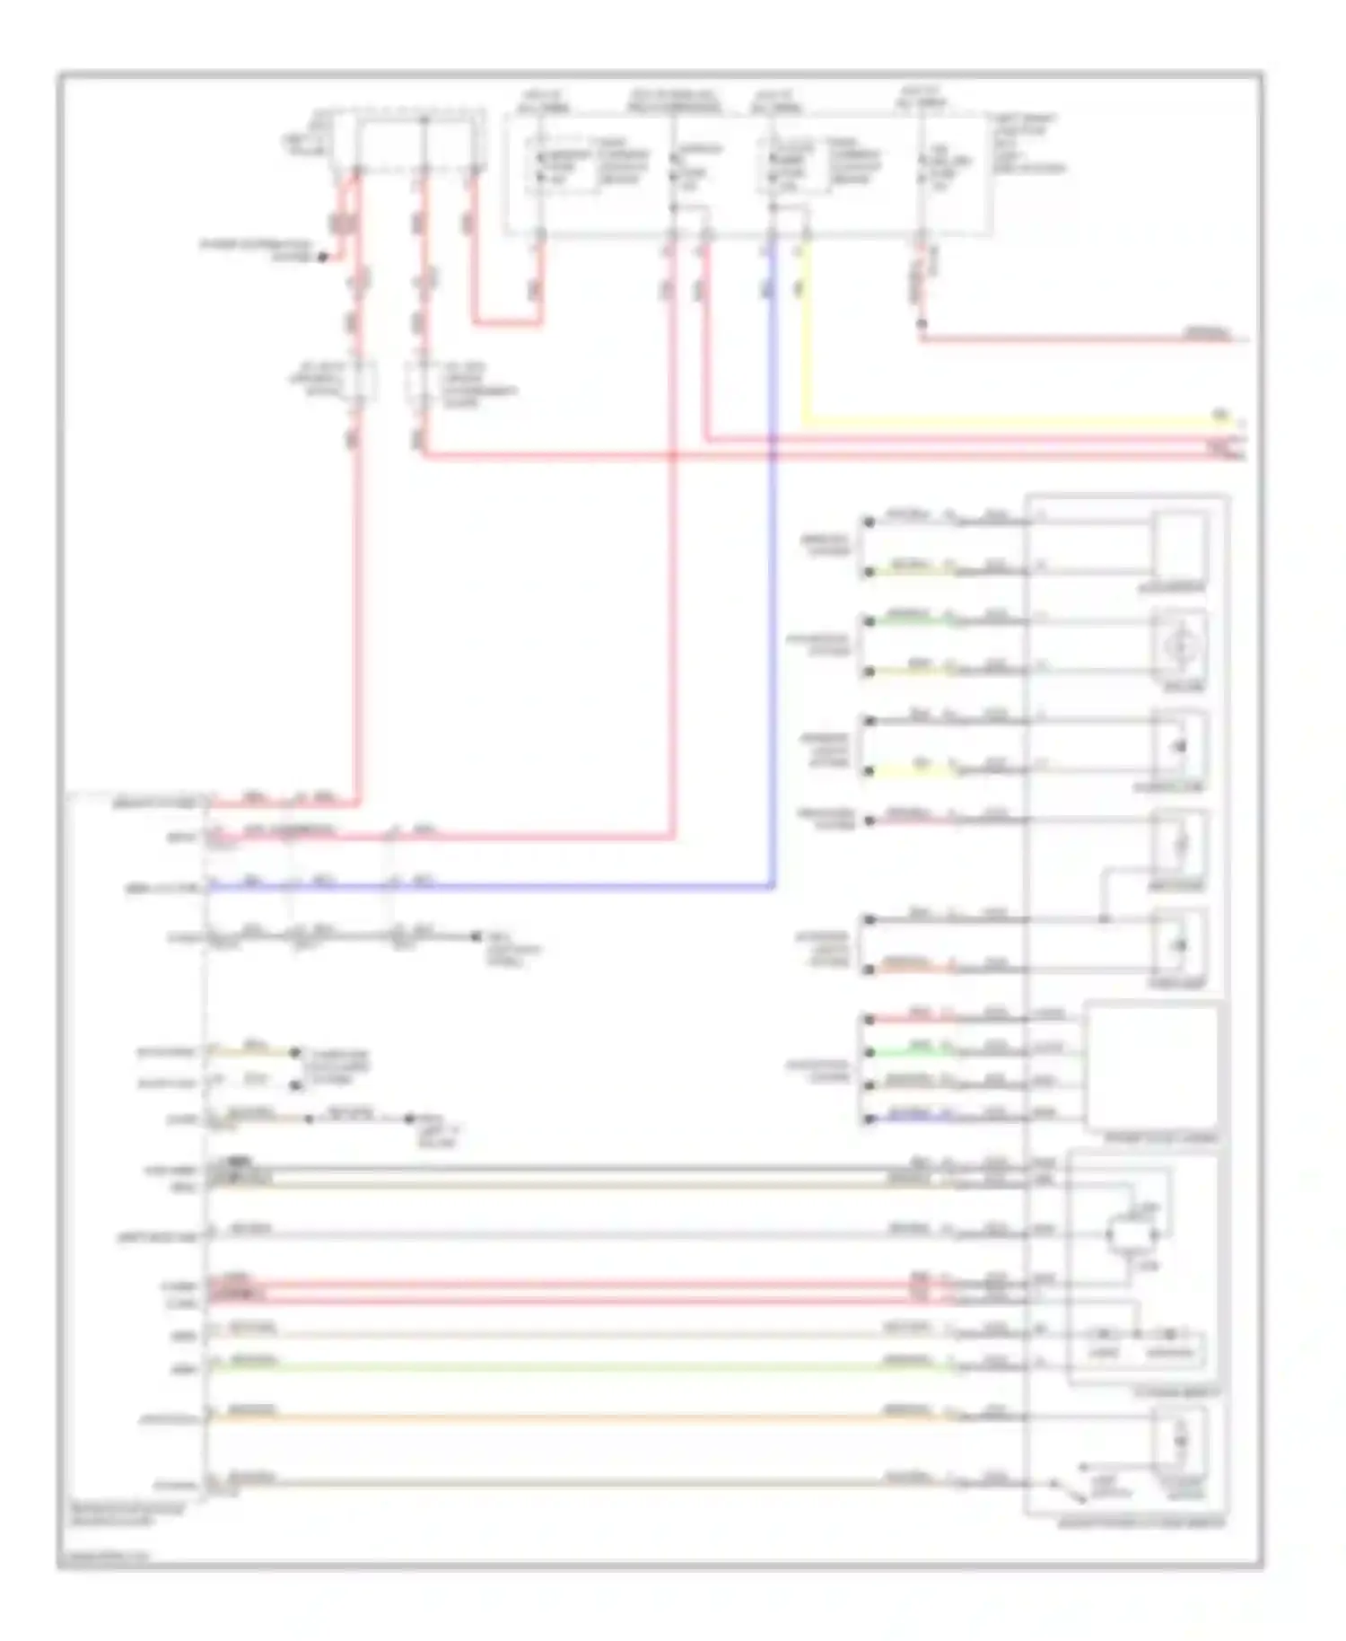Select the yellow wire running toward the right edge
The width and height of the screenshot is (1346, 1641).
[987, 421]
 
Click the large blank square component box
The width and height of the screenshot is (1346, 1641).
[1152, 1067]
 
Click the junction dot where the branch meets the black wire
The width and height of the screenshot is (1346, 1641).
[1104, 919]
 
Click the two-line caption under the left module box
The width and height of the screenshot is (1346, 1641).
[126, 1514]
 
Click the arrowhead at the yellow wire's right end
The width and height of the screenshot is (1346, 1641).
[1241, 422]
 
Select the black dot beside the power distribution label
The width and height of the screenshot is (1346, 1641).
[323, 258]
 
